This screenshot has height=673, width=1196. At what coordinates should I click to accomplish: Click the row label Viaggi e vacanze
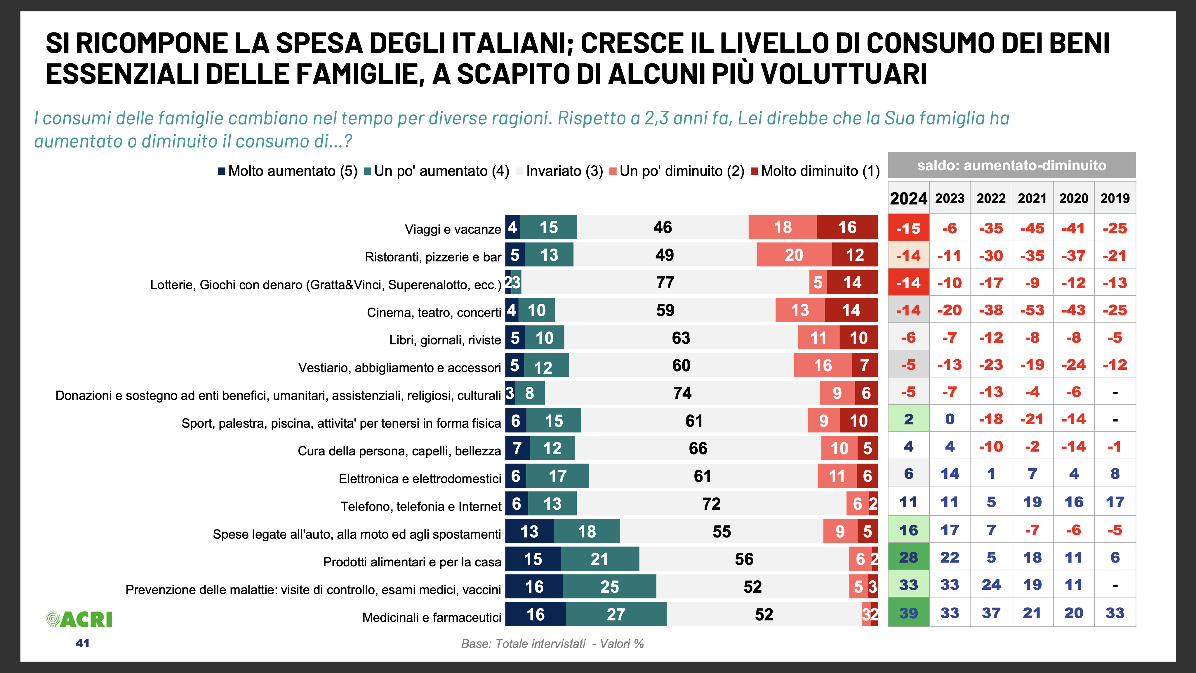pyautogui.click(x=453, y=229)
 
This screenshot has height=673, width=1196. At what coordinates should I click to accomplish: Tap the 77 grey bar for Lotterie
pyautogui.click(x=665, y=282)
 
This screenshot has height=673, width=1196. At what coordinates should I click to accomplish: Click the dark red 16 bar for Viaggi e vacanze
pyautogui.click(x=847, y=227)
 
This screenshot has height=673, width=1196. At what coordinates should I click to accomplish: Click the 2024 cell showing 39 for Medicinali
pyautogui.click(x=908, y=613)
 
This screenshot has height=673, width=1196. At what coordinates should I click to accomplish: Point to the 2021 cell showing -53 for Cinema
pyautogui.click(x=1032, y=310)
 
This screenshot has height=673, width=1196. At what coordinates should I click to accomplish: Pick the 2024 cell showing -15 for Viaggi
pyautogui.click(x=908, y=228)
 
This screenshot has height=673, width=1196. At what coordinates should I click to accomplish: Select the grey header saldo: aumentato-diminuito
pyautogui.click(x=1012, y=165)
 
